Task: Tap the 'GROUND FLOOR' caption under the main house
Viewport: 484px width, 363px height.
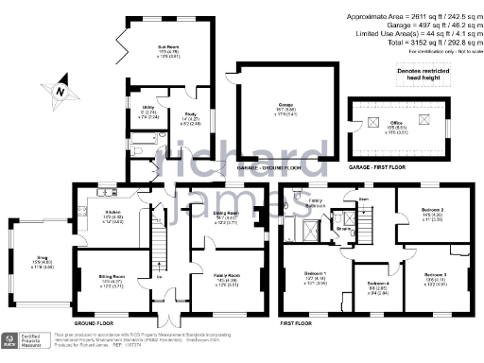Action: point(97,322)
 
